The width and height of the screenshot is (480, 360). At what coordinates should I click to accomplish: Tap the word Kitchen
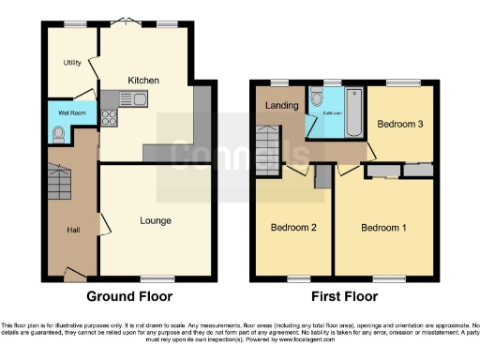(x=143, y=81)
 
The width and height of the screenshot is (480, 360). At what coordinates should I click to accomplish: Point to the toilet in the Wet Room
(x=60, y=133)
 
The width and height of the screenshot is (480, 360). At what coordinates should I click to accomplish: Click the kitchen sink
(x=127, y=97)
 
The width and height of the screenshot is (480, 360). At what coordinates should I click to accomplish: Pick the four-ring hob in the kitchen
(x=109, y=117)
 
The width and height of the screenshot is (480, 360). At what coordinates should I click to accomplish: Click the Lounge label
(x=155, y=221)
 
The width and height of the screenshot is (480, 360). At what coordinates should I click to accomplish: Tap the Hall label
(x=73, y=230)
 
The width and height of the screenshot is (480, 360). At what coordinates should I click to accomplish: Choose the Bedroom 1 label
(x=385, y=228)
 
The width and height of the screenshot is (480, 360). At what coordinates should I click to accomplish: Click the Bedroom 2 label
(x=293, y=228)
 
